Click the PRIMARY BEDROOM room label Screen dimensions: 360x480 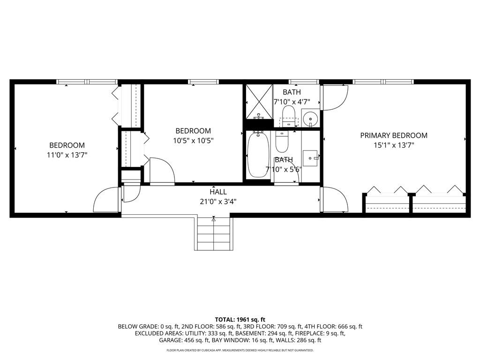tap(393, 135)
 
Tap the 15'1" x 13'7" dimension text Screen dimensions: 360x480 tap(393, 145)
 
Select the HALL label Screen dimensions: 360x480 tap(218, 192)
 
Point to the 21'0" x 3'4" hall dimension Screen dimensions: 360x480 tap(218, 202)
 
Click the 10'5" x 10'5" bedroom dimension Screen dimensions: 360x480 tap(193, 141)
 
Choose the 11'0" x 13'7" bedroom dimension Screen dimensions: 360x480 tap(67, 155)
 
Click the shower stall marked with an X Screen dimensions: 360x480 tap(259, 101)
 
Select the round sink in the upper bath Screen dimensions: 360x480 tap(309, 118)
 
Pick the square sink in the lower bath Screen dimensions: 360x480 tap(310, 158)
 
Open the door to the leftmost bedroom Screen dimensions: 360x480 tap(107, 201)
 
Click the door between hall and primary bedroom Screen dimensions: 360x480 tap(334, 200)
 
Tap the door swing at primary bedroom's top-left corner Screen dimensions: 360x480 tap(334, 97)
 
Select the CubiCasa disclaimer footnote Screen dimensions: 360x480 tap(240, 350)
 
